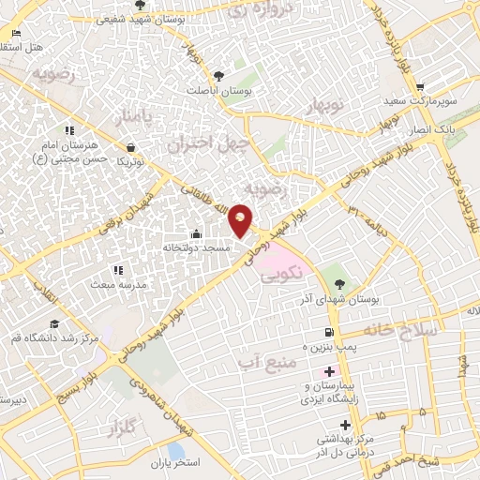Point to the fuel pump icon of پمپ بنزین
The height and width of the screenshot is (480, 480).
pyautogui.click(x=327, y=333)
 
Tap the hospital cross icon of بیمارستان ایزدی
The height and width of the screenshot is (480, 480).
pyautogui.click(x=329, y=372)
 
